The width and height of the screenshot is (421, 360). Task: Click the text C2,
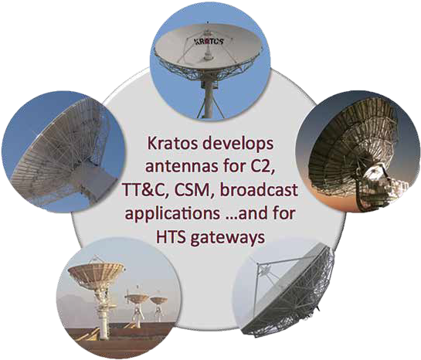[x=259, y=168]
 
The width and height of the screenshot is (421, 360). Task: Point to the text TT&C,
[x=143, y=191]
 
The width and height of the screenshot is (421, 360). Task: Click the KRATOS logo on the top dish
[x=209, y=41]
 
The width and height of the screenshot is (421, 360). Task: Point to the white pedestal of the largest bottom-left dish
[x=104, y=314]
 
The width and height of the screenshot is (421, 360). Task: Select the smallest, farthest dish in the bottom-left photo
[x=158, y=301]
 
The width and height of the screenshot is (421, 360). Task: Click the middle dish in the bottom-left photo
[x=138, y=298]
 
